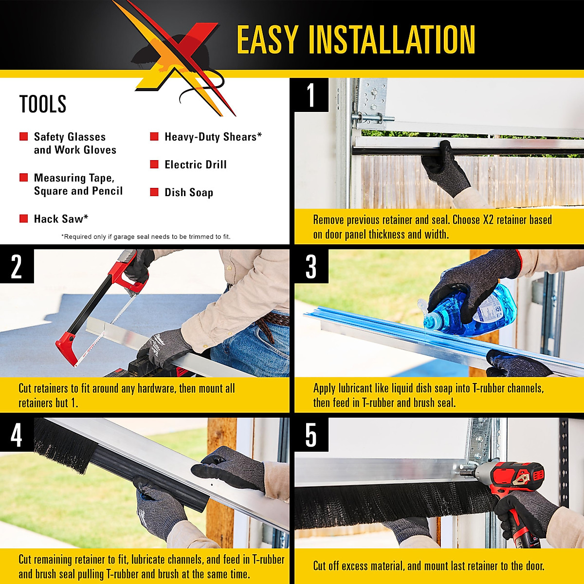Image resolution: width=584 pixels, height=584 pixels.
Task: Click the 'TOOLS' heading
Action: pos(43,104)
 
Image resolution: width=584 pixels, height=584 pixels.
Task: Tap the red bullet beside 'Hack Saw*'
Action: pos(23,219)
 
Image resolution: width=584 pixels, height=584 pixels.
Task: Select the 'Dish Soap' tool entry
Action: pos(188,192)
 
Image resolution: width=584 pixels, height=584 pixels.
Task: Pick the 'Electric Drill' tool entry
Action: pos(195,164)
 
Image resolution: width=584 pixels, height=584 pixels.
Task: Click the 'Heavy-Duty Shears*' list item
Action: pos(213,137)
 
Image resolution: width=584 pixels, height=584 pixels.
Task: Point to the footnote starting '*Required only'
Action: pos(146,237)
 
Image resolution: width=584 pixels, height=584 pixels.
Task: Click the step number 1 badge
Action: pos(311,95)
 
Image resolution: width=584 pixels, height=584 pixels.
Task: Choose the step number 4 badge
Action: pos(17,435)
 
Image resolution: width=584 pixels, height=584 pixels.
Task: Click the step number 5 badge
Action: pos(311,435)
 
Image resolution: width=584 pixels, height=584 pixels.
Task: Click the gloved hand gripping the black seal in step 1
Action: pos(445,168)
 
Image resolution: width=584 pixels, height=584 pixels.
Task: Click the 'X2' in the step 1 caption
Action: pos(488,220)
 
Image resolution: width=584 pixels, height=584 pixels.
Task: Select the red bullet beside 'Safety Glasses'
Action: pos(23,137)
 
